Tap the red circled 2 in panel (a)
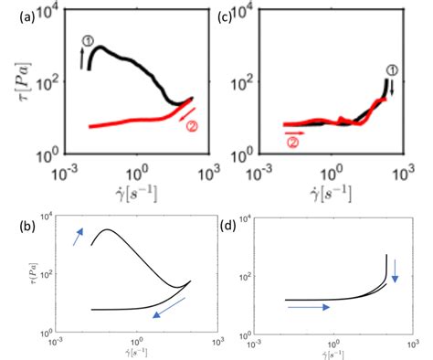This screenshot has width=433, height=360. pos(191,126)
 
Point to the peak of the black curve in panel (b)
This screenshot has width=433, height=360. pos(108,229)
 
